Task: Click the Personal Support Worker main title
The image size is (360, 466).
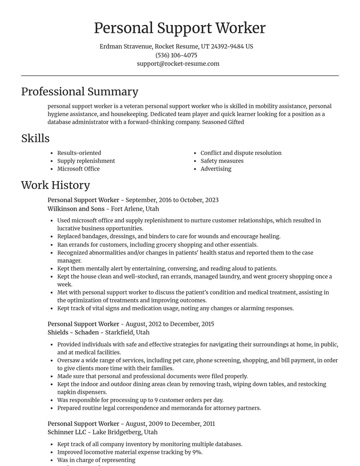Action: [180, 28]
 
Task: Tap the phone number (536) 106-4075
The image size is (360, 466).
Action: [176, 55]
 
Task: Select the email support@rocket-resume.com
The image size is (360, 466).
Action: [178, 63]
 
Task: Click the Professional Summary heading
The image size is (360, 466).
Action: [80, 91]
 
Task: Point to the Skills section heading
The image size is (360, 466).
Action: [35, 138]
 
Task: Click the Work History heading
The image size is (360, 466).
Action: [55, 185]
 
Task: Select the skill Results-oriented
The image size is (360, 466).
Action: [79, 153]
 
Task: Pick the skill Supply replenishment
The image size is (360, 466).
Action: [86, 161]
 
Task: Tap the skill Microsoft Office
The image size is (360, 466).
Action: [78, 169]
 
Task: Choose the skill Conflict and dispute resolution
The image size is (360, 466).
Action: [241, 153]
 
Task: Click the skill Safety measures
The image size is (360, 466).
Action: [222, 161]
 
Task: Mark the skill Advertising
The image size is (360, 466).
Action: [216, 169]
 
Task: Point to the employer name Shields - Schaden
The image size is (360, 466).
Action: [73, 332]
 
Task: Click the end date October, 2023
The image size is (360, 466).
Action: [199, 200]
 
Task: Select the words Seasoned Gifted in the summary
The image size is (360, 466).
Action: [223, 122]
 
